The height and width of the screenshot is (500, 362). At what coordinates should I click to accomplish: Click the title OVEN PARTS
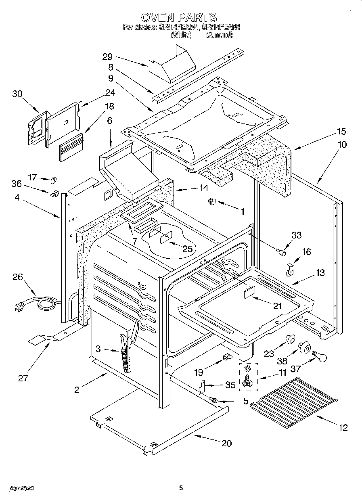point(179,17)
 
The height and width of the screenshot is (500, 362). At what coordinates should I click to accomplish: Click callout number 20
point(226,443)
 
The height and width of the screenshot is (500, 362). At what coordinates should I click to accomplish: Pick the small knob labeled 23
point(289,340)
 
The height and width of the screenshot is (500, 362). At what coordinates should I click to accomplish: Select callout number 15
point(341,131)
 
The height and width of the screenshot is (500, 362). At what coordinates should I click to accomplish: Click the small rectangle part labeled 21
point(249,291)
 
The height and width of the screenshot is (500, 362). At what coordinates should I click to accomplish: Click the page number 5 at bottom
point(181,488)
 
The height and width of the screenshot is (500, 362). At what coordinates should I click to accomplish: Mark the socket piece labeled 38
point(304,347)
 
